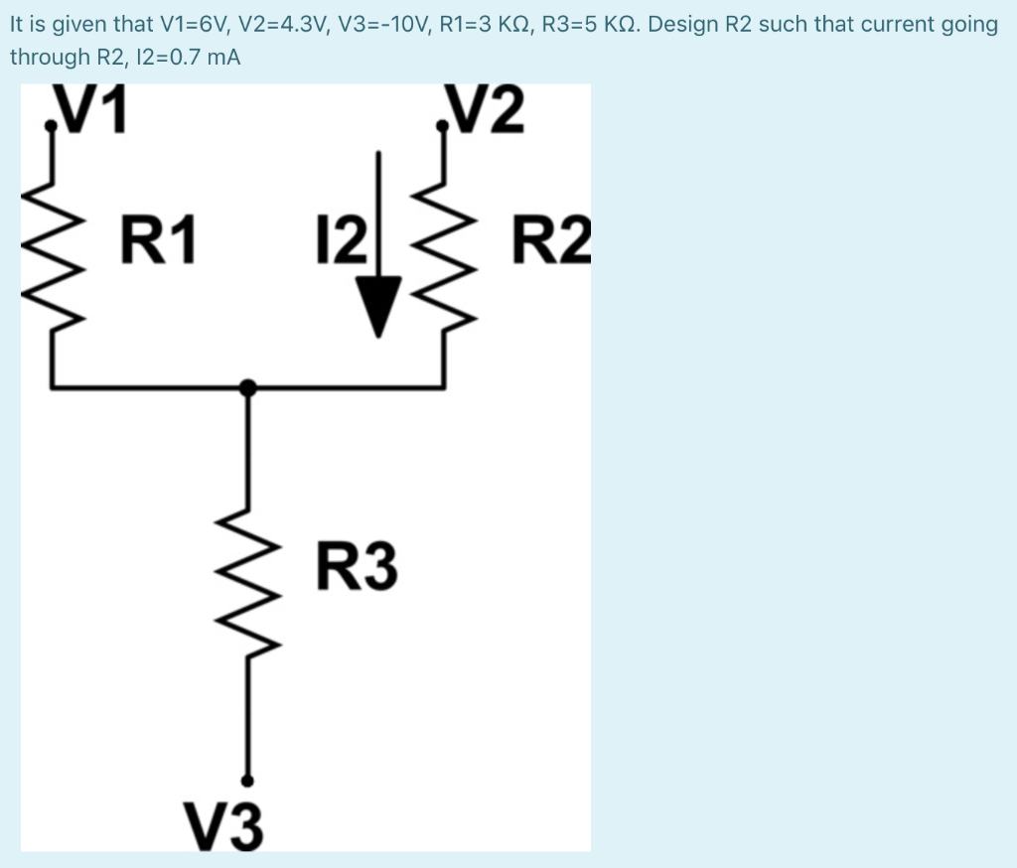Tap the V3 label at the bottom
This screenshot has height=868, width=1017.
(x=224, y=826)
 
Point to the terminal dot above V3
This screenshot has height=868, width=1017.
(x=248, y=782)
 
